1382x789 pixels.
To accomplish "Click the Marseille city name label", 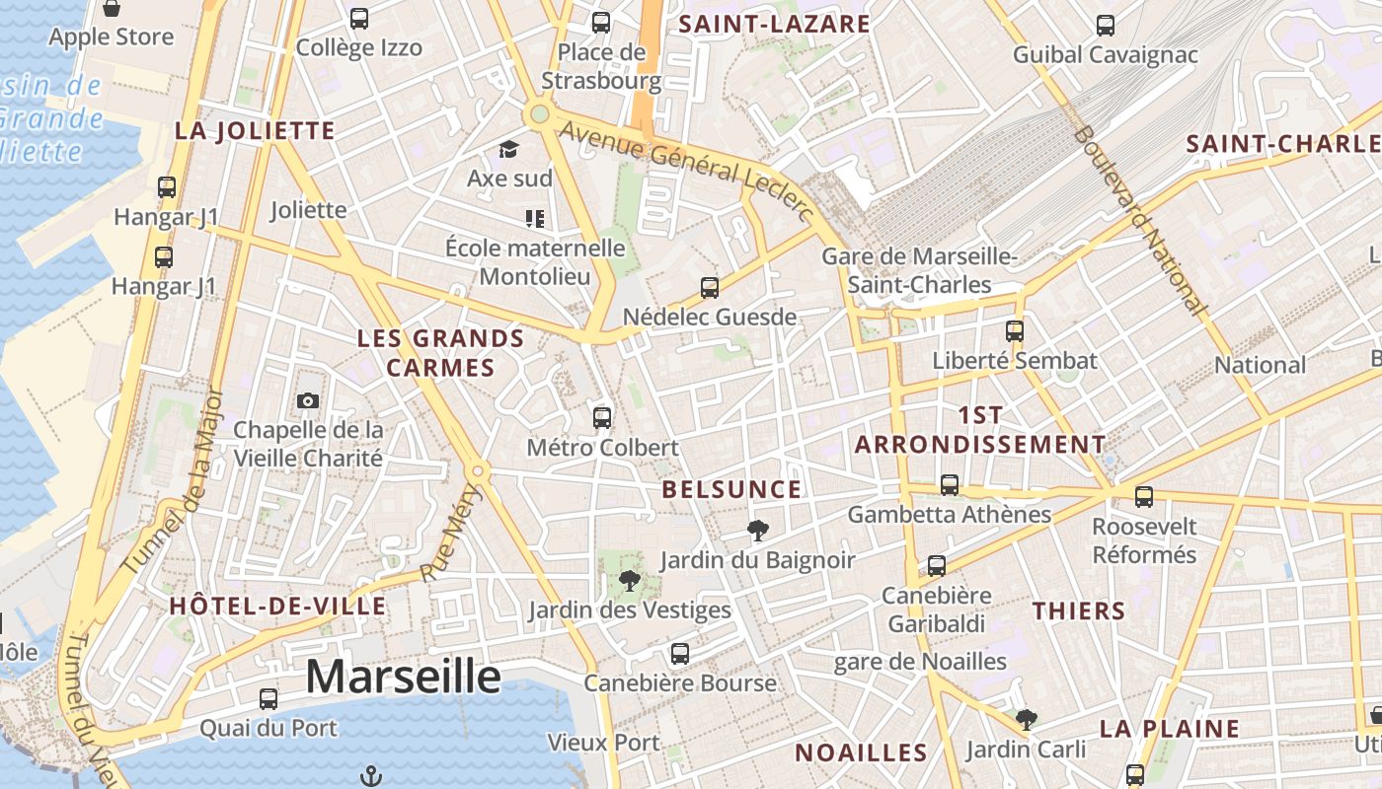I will coord(403,677).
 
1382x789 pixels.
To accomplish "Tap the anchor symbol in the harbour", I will coord(371,776).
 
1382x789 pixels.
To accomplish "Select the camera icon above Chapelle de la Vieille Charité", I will coord(308,400).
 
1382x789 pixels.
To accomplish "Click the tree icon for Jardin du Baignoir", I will coord(757,531).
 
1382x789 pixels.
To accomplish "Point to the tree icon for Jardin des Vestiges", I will coord(629,580).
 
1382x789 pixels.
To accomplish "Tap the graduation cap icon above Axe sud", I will coord(508,149).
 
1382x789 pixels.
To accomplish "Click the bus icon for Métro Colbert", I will coord(602,417).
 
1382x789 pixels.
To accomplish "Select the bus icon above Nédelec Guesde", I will coord(710,288).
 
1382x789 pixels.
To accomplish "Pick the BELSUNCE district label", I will coord(731,489).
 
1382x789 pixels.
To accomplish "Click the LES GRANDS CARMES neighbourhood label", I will coord(440,353).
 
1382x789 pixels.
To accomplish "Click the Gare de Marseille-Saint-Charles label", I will coord(919,270).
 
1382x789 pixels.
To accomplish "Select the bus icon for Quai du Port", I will coord(269,699).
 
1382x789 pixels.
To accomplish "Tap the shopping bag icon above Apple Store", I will coord(112,9).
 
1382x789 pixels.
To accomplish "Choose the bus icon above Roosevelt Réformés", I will coord(1144,497).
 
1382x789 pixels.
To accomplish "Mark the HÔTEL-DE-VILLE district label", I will coord(276,606).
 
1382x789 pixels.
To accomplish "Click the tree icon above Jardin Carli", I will coord(1027,720).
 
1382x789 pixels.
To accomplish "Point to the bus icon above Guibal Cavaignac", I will coord(1106,26).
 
